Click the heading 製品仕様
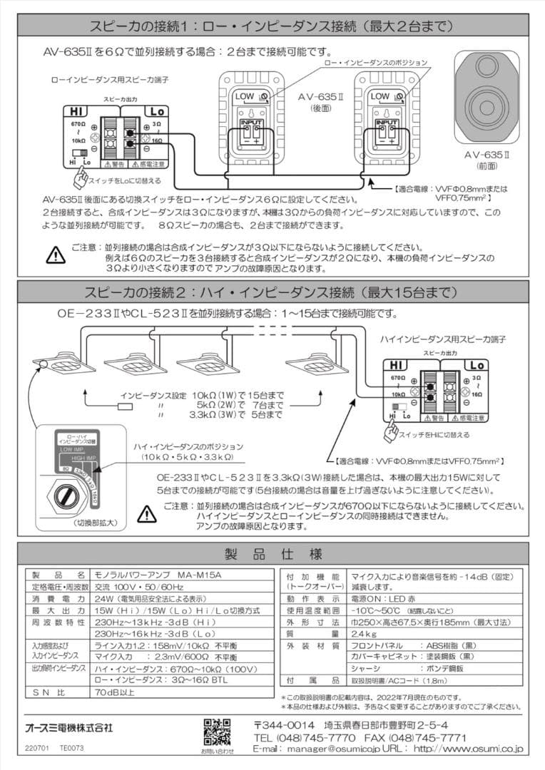[272, 554]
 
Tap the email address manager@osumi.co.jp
[335, 749]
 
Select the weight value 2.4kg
[365, 632]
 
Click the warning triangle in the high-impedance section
[146, 513]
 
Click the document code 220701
[36, 749]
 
